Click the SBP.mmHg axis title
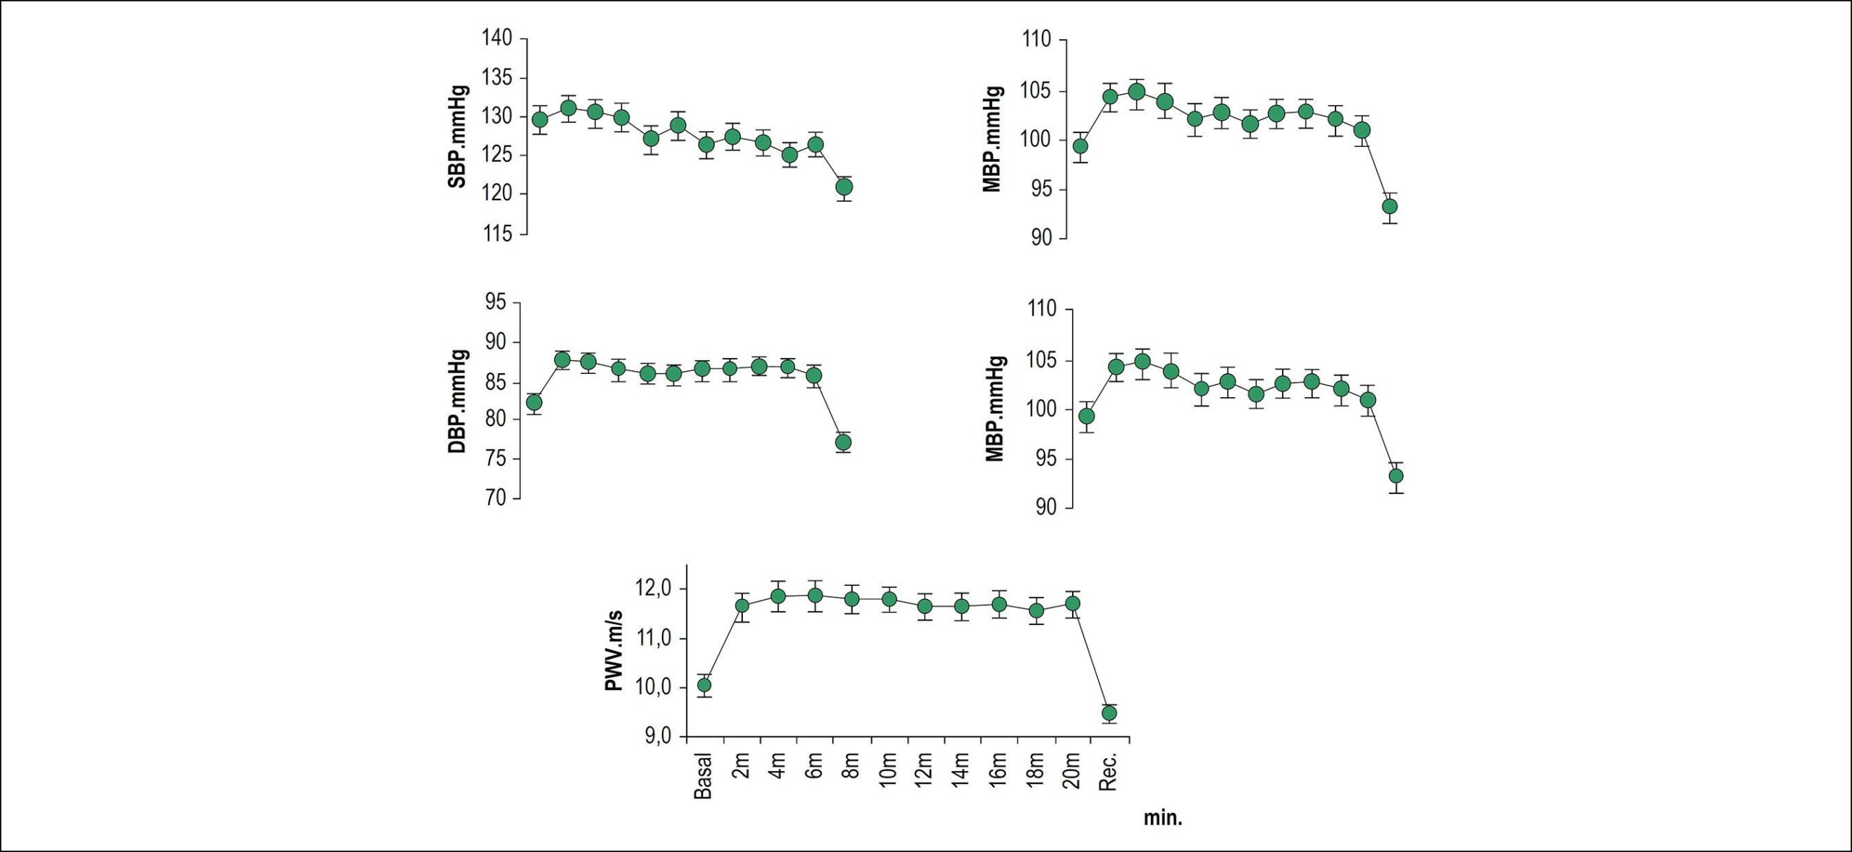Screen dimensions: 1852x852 tap(459, 137)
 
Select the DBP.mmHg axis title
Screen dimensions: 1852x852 tap(459, 402)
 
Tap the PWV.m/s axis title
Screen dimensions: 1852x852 tap(614, 651)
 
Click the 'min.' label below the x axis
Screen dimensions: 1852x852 tap(1163, 818)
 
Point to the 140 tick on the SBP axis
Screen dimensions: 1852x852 tap(497, 38)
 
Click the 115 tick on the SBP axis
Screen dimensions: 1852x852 tap(497, 234)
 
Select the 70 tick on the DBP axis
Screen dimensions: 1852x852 tap(496, 498)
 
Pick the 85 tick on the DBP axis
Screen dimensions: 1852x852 tap(496, 380)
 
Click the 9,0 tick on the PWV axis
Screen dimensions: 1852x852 tap(658, 736)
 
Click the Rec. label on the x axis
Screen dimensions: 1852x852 tap(1108, 772)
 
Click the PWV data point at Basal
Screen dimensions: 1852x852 tap(704, 685)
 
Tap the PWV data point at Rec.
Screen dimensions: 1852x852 tap(1109, 713)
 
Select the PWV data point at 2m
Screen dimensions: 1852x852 tap(742, 605)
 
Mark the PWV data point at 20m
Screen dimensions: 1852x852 tap(1073, 603)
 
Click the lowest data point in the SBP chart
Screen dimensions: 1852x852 tap(844, 187)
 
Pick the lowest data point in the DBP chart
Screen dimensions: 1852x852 tap(843, 442)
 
